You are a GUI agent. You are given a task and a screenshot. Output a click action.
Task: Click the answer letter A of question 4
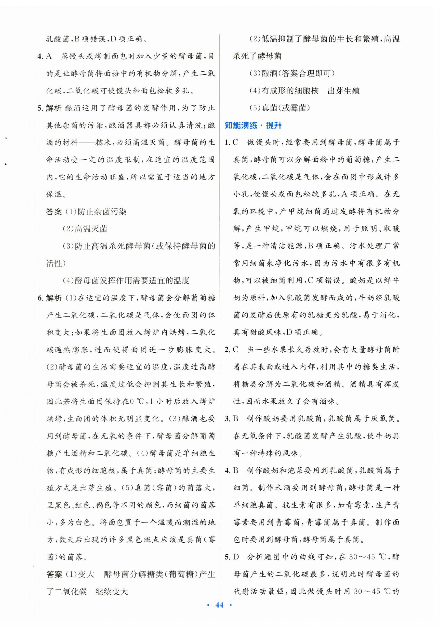[49, 56]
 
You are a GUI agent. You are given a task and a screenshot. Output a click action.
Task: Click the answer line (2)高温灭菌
[85, 229]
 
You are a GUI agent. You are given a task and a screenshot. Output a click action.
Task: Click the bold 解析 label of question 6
[54, 298]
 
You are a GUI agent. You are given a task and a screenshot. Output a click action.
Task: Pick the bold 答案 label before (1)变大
[54, 575]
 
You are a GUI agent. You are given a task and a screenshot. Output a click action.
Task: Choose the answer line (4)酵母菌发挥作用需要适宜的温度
[126, 281]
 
